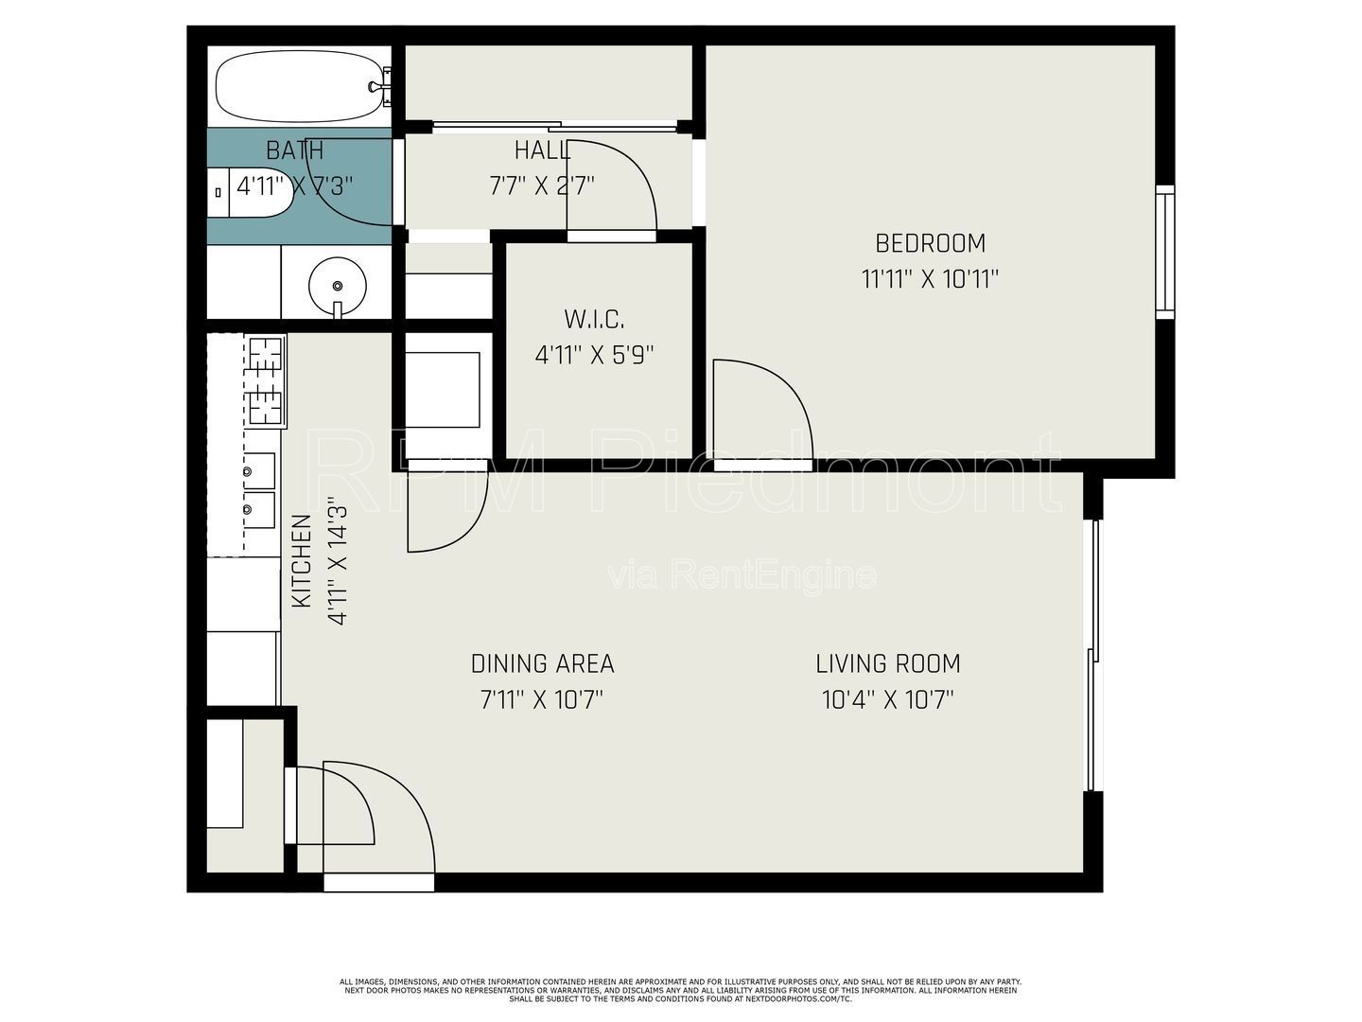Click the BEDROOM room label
[x=930, y=243]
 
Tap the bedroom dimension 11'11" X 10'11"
[x=930, y=280]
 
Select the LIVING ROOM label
[x=887, y=664]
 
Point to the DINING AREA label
[x=542, y=664]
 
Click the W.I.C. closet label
[x=594, y=320]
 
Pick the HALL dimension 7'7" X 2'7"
[x=542, y=185]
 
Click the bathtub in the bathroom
[x=300, y=86]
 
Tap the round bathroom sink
[x=338, y=286]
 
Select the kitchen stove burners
[x=266, y=381]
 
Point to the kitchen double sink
[x=258, y=490]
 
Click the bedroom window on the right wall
[x=1164, y=252]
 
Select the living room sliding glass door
[x=1094, y=655]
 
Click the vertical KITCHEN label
[x=302, y=561]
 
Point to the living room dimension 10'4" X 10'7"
[x=887, y=700]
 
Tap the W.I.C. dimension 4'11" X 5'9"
[x=594, y=356]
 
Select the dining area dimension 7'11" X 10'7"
[x=542, y=700]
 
